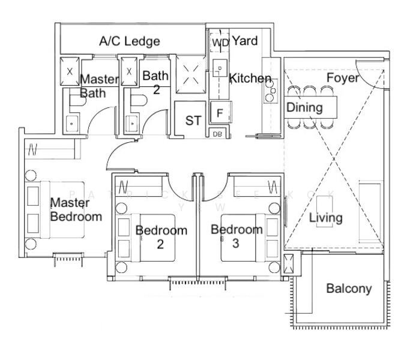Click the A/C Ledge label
(130, 41)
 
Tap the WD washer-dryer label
(220, 43)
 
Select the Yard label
(245, 41)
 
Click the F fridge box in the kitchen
(220, 113)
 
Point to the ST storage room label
(193, 121)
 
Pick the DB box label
(217, 134)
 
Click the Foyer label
(343, 78)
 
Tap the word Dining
(304, 108)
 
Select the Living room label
(326, 217)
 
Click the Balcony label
(349, 289)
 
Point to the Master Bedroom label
(76, 209)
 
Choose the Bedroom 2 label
(161, 236)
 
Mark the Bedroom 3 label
(237, 236)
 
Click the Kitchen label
(250, 79)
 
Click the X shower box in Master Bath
(70, 71)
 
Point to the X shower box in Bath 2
(129, 71)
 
